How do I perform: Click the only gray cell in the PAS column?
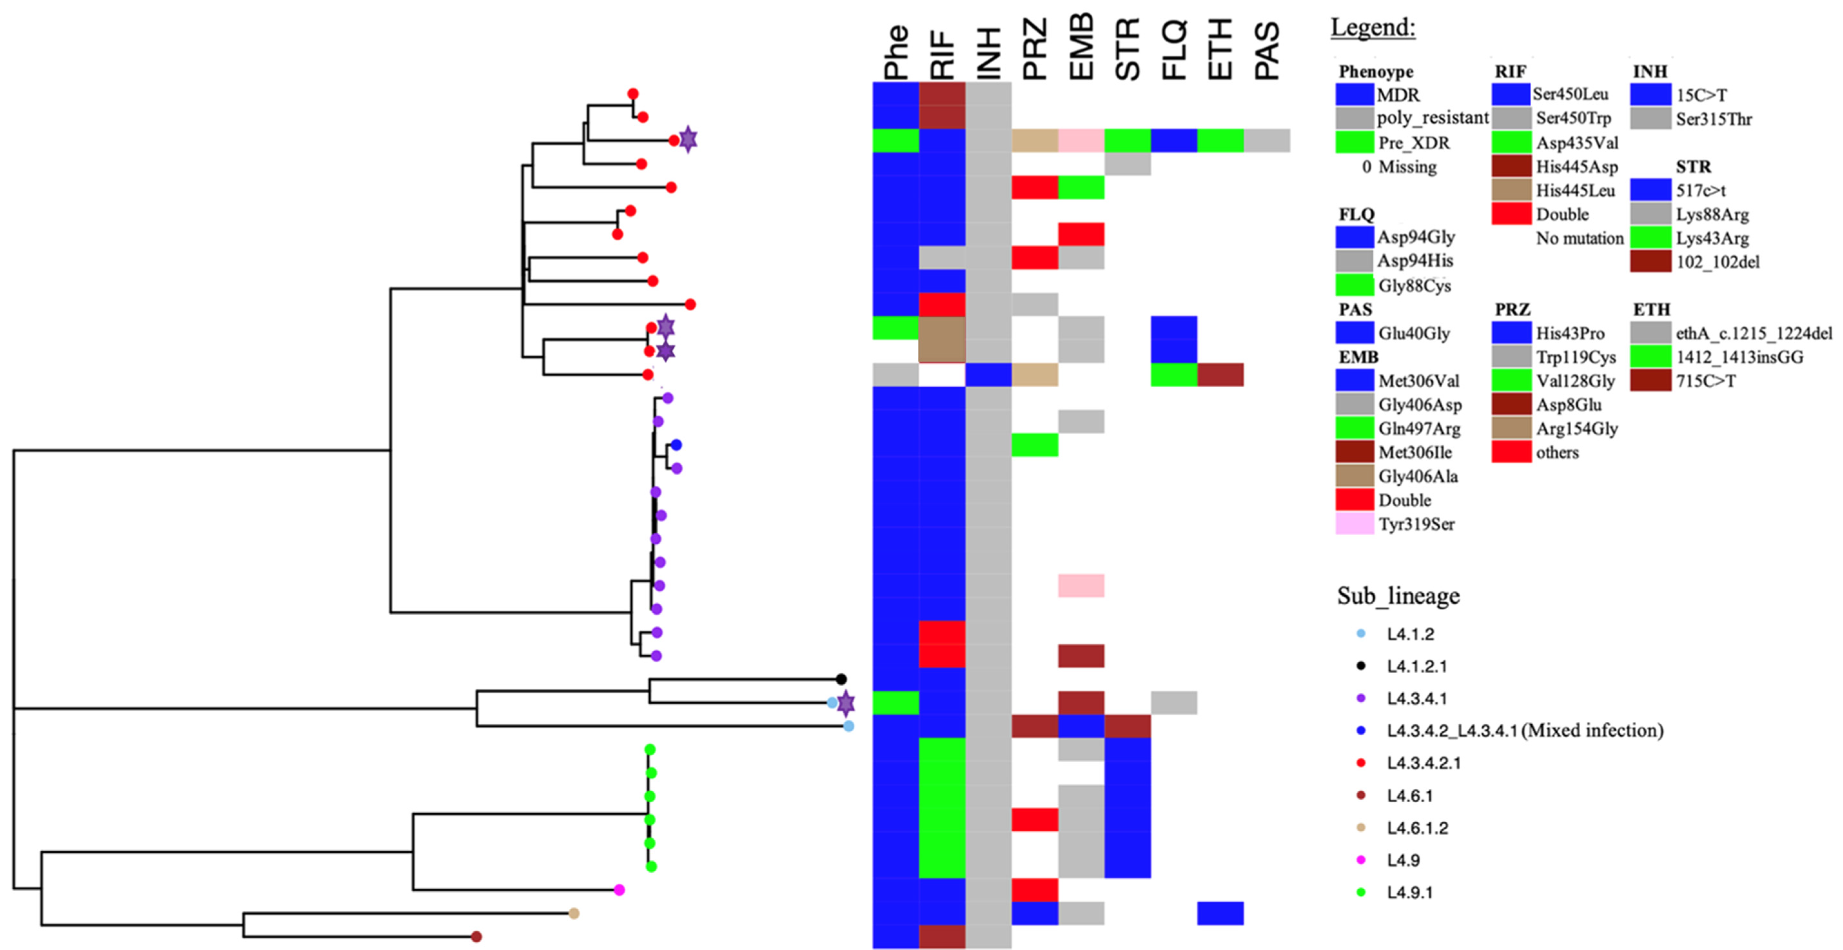[x=1267, y=140]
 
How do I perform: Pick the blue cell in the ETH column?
[x=1220, y=913]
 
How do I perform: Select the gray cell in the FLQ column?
[x=1174, y=702]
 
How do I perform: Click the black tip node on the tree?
[x=841, y=679]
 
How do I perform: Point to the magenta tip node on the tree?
[x=620, y=890]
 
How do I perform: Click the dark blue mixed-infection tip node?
[x=676, y=445]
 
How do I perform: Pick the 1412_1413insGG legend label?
[x=1739, y=357]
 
